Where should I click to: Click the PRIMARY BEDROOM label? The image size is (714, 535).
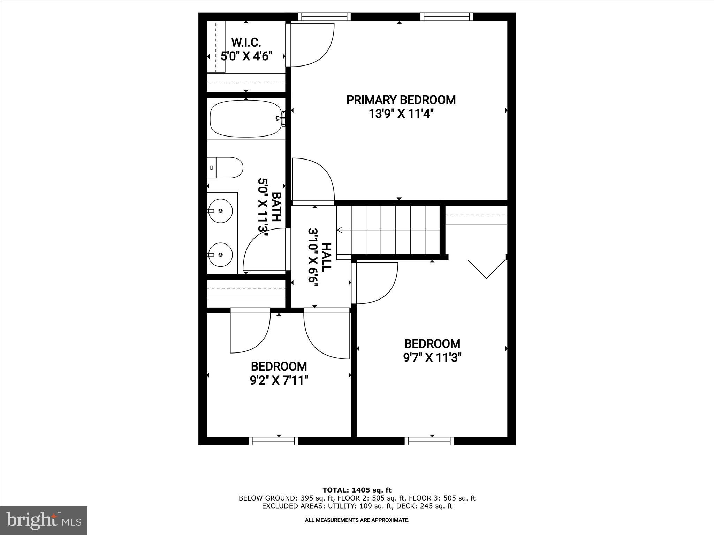click(x=401, y=100)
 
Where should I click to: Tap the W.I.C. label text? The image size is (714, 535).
click(x=246, y=42)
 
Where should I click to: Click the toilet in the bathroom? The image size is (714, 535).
click(x=225, y=168)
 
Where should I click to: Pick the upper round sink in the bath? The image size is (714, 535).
click(x=220, y=211)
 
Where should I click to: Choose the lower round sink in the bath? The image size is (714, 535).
click(x=220, y=255)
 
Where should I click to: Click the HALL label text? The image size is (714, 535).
click(x=326, y=257)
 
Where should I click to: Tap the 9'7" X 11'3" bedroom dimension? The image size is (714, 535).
click(x=432, y=358)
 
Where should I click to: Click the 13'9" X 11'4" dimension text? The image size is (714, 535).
click(x=401, y=114)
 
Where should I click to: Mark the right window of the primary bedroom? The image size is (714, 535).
click(x=447, y=16)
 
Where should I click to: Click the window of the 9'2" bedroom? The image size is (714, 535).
click(x=273, y=441)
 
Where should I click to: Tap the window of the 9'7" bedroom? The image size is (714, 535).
click(x=430, y=441)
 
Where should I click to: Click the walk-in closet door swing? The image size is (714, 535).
click(x=312, y=45)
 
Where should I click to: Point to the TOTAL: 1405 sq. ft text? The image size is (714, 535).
click(x=357, y=490)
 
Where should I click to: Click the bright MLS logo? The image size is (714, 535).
click(x=44, y=520)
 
